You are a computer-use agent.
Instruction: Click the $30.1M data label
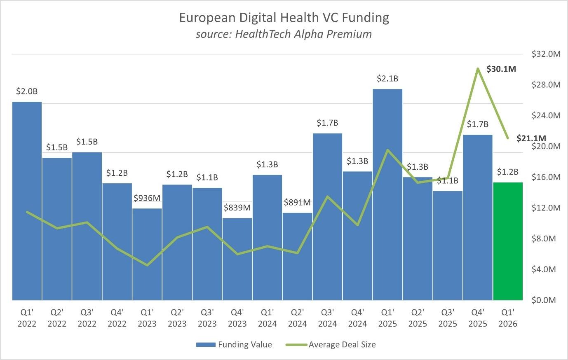tap(501, 69)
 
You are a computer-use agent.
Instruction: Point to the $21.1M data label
tap(531, 138)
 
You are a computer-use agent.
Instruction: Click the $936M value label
tap(147, 198)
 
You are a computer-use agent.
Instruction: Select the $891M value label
tap(297, 202)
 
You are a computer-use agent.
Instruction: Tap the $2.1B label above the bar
tap(387, 78)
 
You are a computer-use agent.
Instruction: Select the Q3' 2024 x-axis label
tap(327, 318)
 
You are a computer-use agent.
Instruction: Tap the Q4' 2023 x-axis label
tap(237, 318)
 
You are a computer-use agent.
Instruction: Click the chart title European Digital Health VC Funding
tap(284, 18)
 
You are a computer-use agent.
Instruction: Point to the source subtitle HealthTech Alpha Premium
tap(284, 34)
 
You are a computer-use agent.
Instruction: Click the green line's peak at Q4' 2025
tap(478, 68)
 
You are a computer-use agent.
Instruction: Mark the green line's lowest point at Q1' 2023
tap(147, 265)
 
